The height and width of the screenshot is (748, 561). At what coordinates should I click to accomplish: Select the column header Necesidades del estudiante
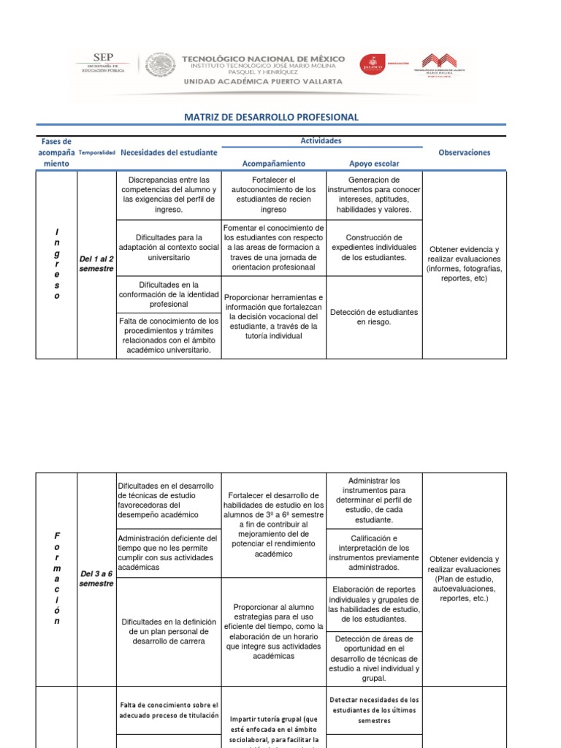169,153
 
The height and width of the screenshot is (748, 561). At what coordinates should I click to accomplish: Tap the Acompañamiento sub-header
273,164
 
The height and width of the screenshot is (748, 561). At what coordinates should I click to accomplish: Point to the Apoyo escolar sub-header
375,164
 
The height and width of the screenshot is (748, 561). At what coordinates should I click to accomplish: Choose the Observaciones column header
464,153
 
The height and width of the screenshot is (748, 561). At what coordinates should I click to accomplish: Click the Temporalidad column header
96,153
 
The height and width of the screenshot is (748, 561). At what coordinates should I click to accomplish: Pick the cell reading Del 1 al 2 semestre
96,264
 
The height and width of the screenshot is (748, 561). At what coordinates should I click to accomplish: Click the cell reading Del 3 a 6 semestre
96,579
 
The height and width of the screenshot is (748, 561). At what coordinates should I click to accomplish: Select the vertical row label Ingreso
56,264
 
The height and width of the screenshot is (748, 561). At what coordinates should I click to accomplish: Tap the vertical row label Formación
56,579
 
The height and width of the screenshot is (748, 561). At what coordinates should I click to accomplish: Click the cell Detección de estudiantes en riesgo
374,317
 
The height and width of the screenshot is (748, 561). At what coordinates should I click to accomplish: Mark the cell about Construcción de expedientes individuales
374,248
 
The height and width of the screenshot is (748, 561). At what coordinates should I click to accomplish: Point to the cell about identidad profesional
169,294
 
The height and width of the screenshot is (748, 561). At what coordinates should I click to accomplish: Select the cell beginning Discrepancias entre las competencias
169,194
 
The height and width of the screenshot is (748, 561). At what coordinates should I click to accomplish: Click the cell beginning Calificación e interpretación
374,553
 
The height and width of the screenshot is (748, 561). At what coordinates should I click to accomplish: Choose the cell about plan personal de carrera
169,631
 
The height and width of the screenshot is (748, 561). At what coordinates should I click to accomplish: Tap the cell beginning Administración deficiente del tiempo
169,553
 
